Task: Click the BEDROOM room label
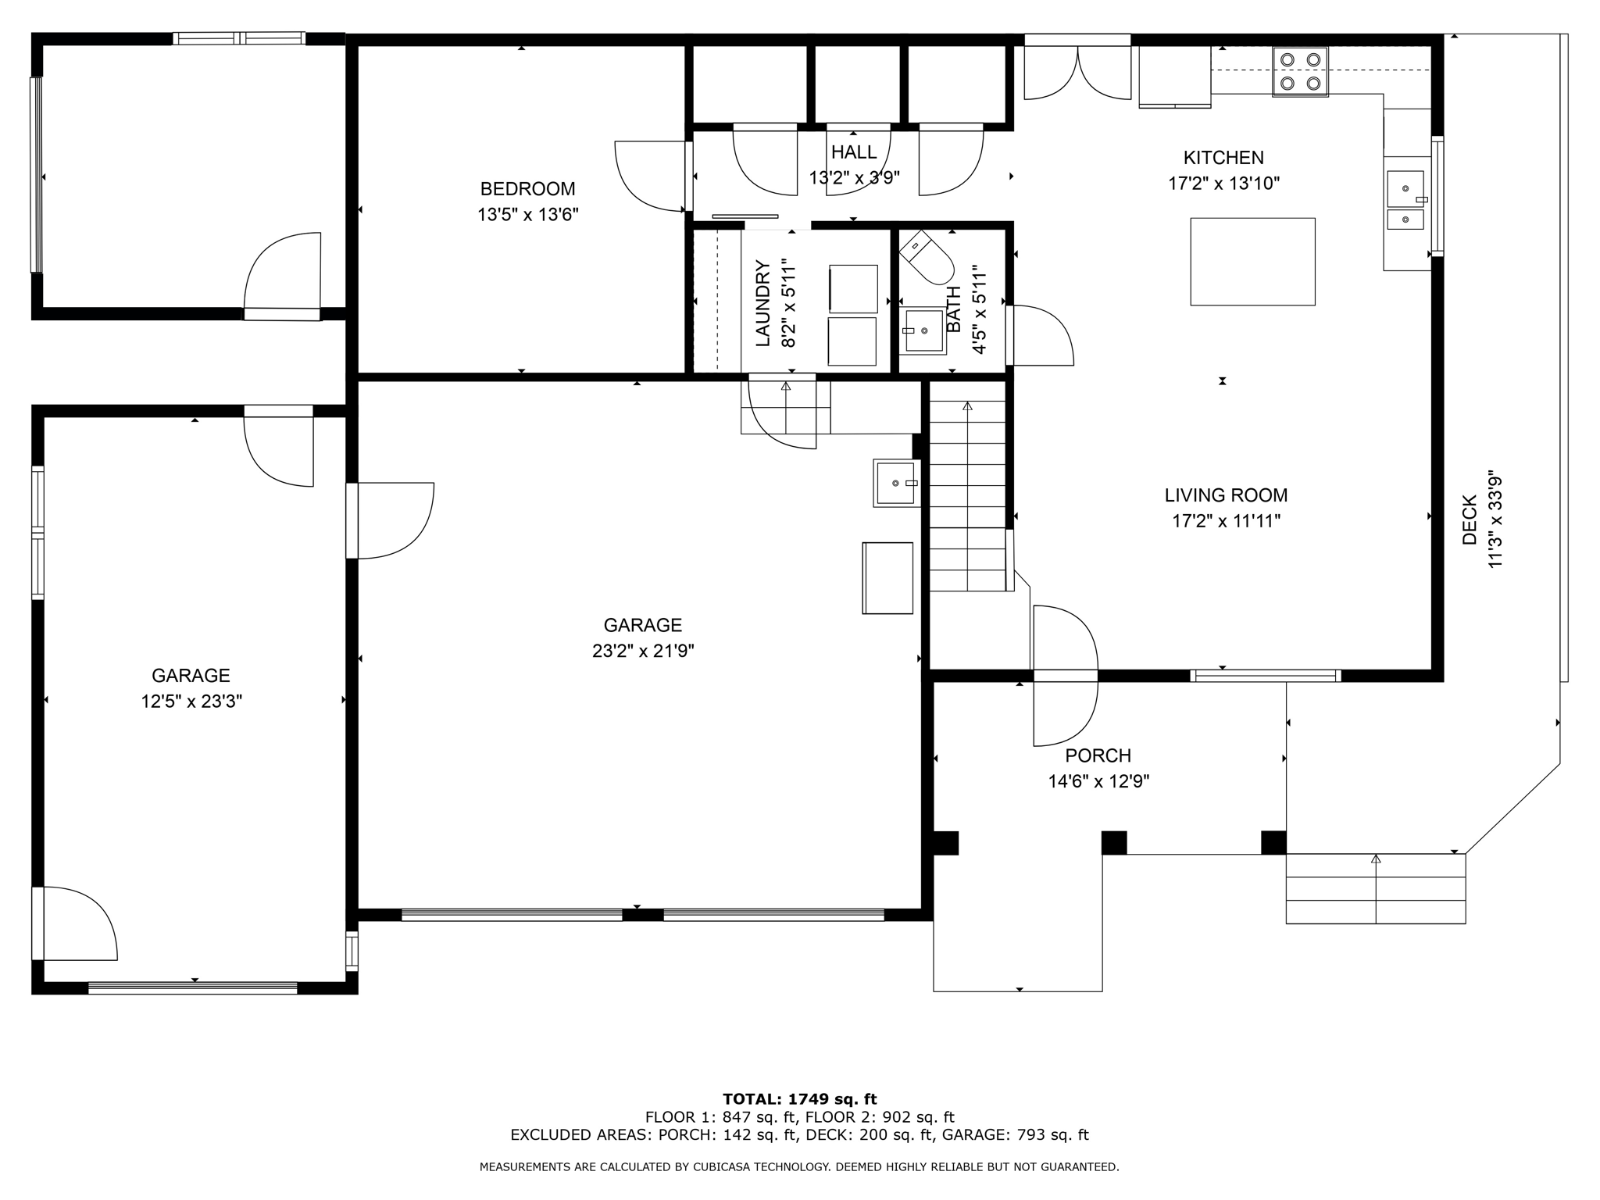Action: click(527, 189)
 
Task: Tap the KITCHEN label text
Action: click(1223, 158)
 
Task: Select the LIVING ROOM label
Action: click(1226, 495)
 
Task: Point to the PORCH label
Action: click(1098, 756)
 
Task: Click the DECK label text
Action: click(1470, 520)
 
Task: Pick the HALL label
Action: click(854, 152)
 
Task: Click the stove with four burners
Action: click(1300, 72)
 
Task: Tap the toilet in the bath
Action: click(927, 257)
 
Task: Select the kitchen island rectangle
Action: click(1252, 262)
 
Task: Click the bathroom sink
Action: click(923, 331)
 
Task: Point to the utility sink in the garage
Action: click(895, 484)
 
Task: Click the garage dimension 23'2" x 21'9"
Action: click(643, 651)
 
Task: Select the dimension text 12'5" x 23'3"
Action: click(191, 702)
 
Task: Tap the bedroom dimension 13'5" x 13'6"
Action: click(528, 215)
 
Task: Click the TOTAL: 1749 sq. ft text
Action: click(799, 1099)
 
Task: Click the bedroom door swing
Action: click(651, 176)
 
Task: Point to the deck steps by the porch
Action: click(1376, 889)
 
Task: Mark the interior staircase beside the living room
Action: click(967, 495)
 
